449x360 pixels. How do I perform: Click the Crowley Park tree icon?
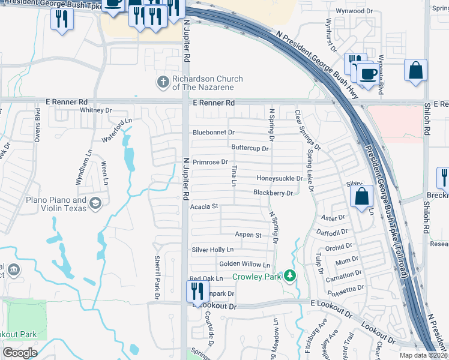(291, 276)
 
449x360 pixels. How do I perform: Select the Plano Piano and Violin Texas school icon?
(95, 204)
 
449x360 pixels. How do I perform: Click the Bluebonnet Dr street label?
(214, 132)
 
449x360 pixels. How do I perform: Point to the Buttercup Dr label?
(250, 148)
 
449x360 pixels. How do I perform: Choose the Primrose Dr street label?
(209, 162)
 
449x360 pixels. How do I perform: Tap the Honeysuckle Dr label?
(279, 178)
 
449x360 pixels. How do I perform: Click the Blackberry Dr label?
(273, 193)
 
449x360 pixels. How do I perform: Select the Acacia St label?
(203, 206)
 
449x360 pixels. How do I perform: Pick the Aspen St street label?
(249, 235)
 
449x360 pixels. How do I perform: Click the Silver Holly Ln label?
(212, 250)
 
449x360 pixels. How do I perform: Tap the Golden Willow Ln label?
(245, 264)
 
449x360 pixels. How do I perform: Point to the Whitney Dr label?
(96, 110)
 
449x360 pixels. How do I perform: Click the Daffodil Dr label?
(335, 232)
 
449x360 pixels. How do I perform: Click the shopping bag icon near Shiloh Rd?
(415, 70)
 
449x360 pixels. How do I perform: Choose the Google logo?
(20, 353)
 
